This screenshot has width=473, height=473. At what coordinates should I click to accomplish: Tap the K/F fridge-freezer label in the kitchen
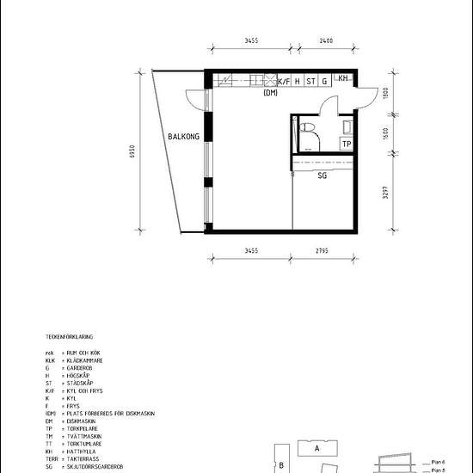pos(283,82)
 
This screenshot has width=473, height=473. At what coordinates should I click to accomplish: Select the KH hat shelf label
pos(343,79)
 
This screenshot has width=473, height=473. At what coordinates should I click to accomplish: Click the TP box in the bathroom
pos(346,144)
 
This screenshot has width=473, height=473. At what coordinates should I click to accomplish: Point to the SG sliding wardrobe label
pos(322,175)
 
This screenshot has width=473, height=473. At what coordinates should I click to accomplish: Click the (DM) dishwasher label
pos(271,93)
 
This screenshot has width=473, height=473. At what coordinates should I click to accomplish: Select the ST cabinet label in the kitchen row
pos(310,82)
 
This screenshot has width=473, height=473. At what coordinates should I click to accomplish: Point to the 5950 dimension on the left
pos(132,151)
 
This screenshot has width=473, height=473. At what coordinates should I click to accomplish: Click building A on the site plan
pos(316,448)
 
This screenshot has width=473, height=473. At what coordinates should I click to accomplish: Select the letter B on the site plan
pos(281,466)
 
